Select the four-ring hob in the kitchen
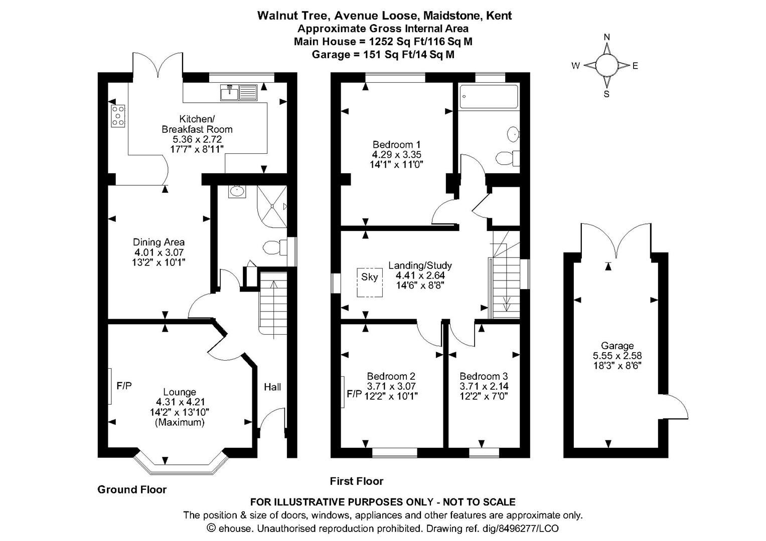coord(118,116)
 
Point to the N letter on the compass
coord(606,37)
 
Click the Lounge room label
coord(180,392)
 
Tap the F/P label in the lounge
coord(124,386)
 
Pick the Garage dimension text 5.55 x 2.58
coord(617,356)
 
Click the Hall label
coord(272,387)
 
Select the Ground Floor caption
coord(132,489)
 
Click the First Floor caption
coord(357,481)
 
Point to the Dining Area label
coord(159,242)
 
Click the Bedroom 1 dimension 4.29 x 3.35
coord(393,155)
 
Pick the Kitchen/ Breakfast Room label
coord(197,124)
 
